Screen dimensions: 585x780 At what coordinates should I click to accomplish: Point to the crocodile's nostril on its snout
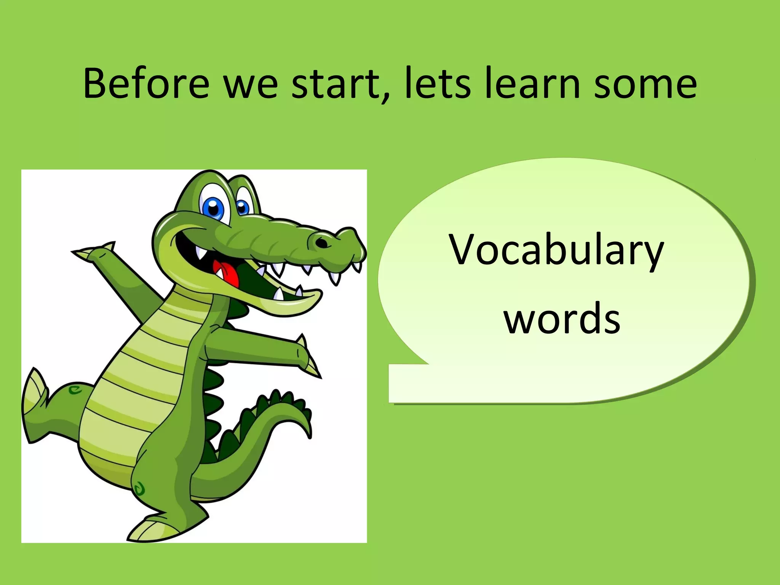click(x=322, y=242)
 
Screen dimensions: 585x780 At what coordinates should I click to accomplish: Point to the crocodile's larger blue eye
click(x=213, y=207)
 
